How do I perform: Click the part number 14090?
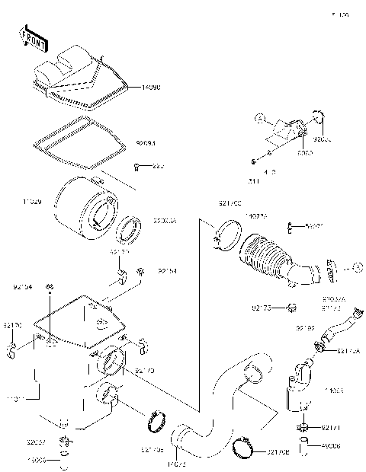(152, 89)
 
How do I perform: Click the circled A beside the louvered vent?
(358, 267)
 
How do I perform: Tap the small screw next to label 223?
(137, 166)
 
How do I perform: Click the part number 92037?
(35, 442)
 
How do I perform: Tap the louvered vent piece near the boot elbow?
(330, 268)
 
